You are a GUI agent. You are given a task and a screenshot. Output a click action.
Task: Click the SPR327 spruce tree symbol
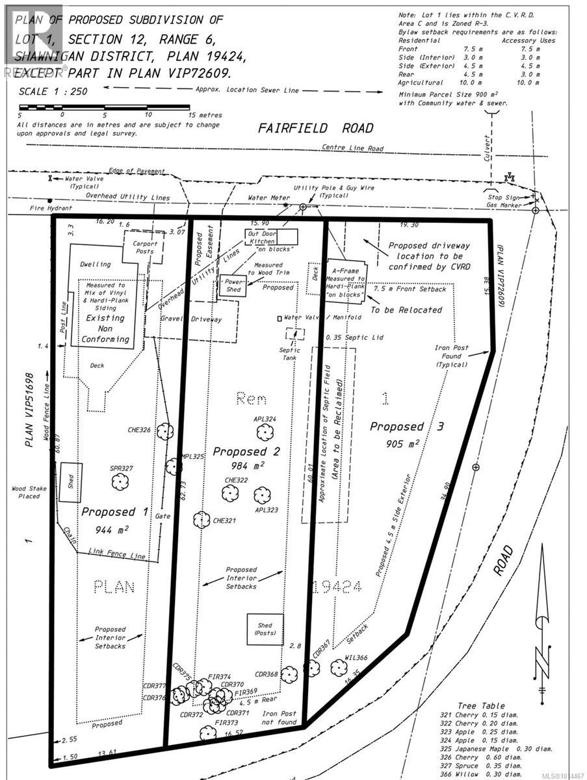click(x=118, y=482)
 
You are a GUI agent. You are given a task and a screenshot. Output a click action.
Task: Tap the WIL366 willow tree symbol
click(x=338, y=667)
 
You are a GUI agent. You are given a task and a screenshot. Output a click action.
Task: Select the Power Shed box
click(x=232, y=285)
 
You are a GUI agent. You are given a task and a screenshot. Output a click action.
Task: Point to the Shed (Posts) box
click(x=265, y=629)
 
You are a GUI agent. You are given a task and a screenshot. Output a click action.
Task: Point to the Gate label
click(x=163, y=515)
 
